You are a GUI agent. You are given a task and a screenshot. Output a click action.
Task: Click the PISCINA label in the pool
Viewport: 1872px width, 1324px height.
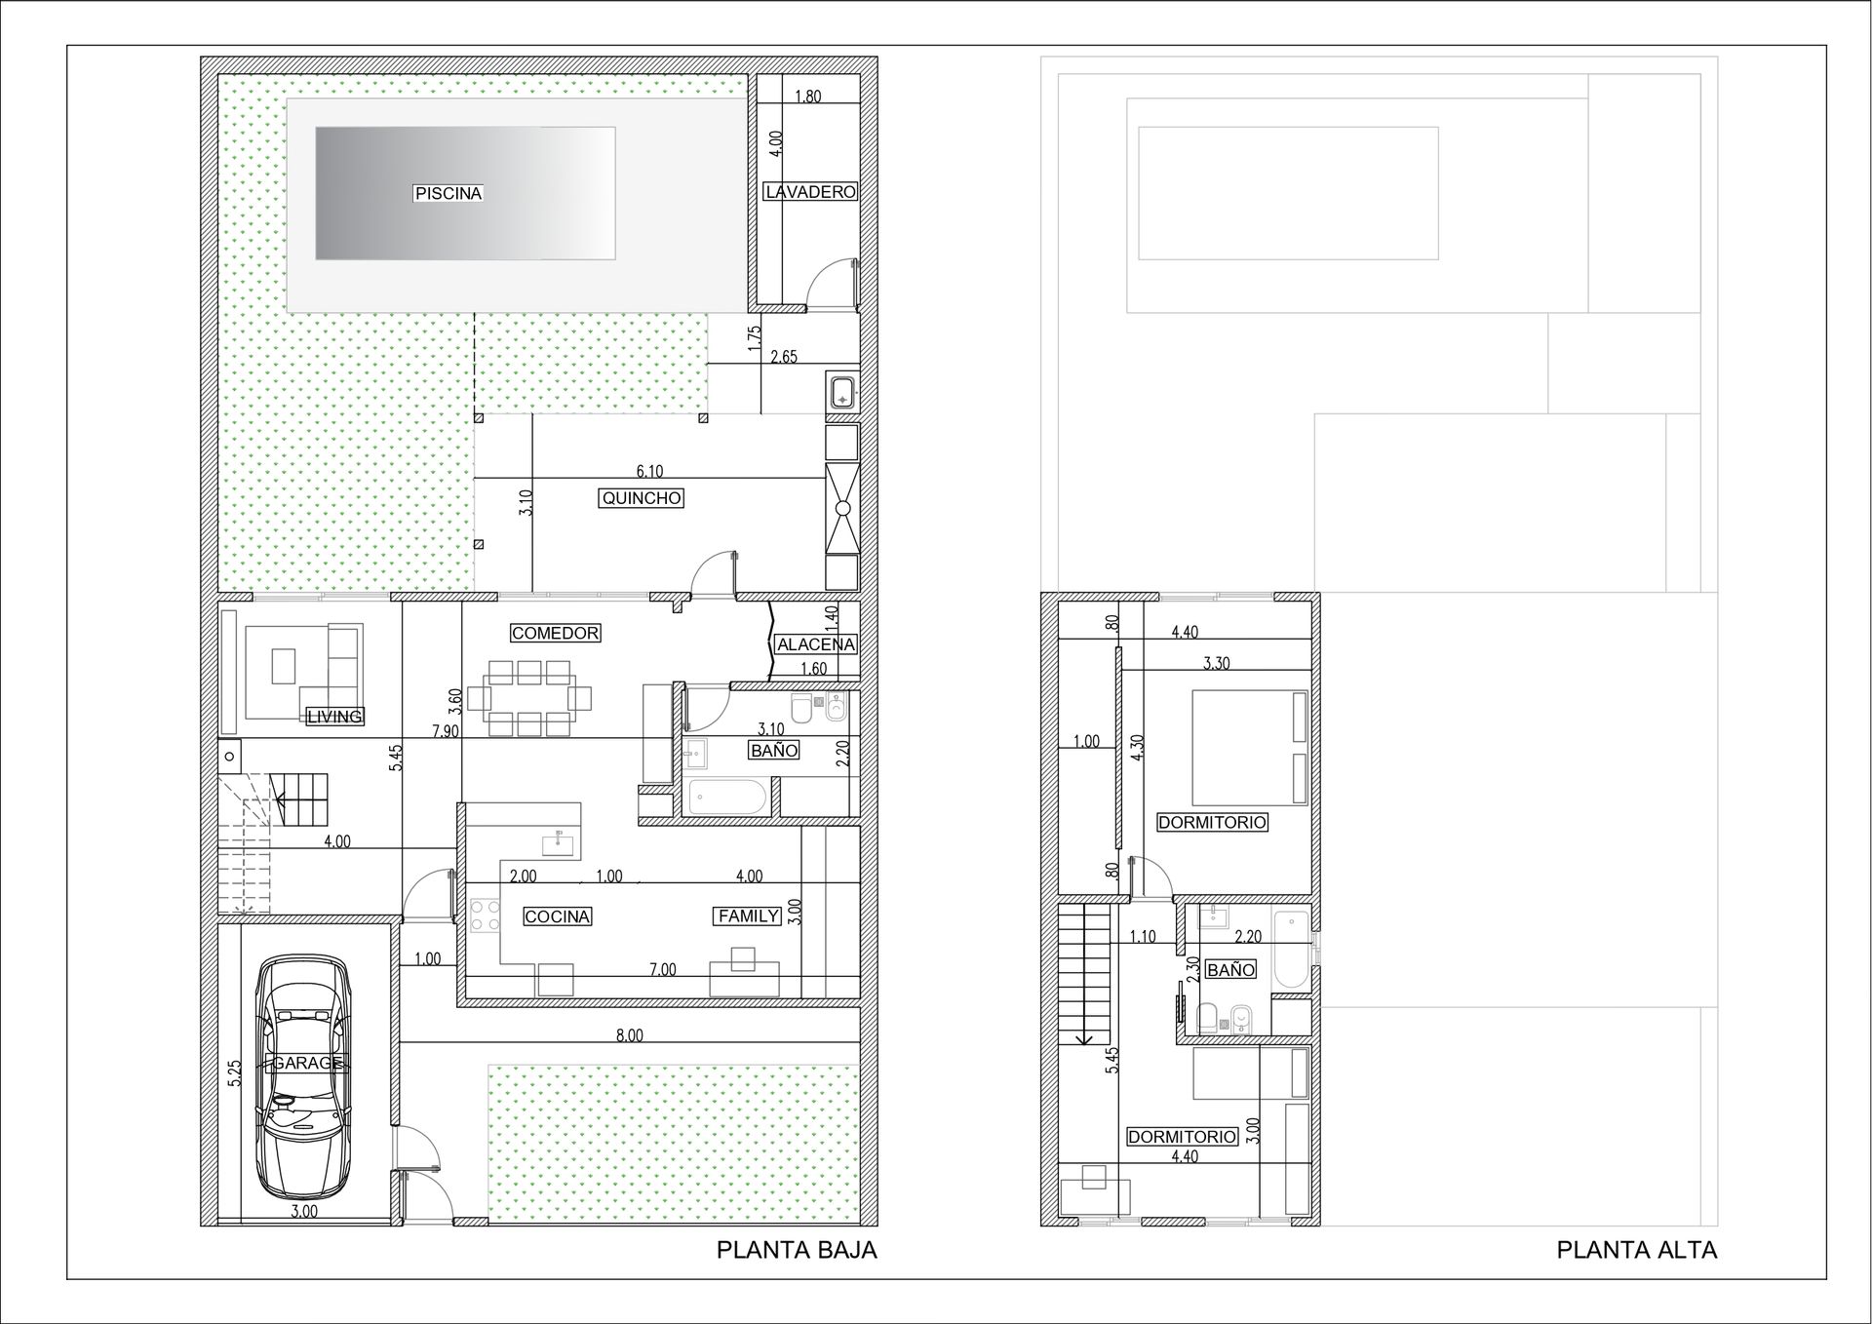[448, 193]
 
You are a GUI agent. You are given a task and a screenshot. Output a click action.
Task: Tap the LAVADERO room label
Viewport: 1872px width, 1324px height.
[810, 192]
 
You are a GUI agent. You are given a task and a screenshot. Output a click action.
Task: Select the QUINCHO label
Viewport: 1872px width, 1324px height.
[642, 498]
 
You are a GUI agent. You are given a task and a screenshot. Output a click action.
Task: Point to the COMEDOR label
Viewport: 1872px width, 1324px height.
[555, 633]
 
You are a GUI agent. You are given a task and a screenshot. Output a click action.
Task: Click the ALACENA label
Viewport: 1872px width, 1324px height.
[816, 644]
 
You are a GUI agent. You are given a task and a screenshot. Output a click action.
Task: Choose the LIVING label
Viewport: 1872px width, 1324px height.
[334, 717]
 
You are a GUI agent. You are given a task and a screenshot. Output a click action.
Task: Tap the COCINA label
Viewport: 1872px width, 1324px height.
[558, 916]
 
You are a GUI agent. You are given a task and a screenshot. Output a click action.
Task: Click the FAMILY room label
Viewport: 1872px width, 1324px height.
[749, 915]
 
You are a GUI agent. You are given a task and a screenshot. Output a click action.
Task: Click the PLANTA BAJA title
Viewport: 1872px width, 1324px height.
[797, 1250]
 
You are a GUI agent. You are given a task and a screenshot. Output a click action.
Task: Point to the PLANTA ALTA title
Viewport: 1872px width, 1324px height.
[1637, 1250]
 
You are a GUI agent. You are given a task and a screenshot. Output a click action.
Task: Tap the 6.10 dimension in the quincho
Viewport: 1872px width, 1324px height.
[649, 471]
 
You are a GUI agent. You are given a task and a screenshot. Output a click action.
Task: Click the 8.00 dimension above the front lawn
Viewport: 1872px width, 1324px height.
[630, 1035]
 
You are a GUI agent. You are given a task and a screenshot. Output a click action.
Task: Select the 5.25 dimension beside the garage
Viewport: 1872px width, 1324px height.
[234, 1072]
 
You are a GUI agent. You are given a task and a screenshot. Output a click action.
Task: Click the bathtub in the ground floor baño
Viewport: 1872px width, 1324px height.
[727, 797]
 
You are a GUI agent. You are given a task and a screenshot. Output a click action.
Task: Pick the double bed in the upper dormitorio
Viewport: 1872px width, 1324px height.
[1250, 747]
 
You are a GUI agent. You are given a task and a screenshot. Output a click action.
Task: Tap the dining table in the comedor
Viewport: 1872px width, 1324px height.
[529, 698]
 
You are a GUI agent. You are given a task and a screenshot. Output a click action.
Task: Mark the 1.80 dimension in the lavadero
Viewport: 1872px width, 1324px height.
[808, 97]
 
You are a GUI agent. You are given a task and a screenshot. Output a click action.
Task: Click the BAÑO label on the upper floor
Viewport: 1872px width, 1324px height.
[1230, 970]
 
